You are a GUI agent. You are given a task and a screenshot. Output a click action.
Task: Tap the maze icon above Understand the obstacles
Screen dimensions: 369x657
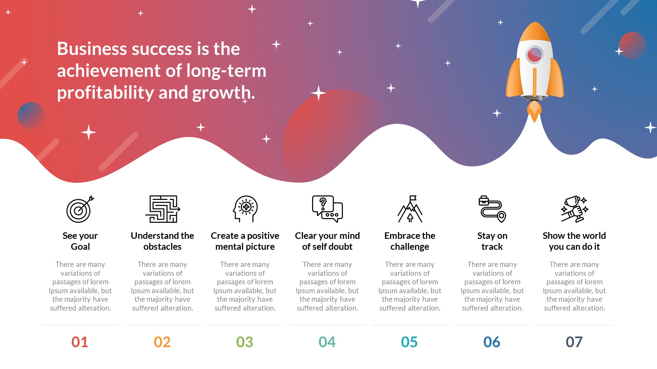[163, 209]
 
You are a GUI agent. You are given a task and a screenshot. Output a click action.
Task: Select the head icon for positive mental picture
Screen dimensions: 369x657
[245, 209]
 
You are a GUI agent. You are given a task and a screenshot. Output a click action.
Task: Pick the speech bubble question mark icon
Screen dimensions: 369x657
[327, 209]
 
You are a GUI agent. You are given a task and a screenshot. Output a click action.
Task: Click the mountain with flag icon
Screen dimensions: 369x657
[410, 209]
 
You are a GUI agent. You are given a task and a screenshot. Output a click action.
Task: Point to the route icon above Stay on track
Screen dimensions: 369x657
[492, 209]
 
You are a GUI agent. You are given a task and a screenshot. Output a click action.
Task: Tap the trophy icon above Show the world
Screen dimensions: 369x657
[574, 209]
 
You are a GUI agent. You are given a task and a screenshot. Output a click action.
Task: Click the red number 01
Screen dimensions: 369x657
[80, 342]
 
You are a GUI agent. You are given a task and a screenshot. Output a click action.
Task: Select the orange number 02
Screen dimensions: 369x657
[162, 342]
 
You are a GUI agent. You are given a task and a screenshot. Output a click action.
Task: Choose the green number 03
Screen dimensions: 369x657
[245, 342]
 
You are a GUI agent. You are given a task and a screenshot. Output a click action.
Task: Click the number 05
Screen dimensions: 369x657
[409, 342]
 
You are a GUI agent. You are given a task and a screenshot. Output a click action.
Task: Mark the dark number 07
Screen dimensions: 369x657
[574, 342]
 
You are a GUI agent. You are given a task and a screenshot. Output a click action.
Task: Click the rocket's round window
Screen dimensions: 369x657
[534, 54]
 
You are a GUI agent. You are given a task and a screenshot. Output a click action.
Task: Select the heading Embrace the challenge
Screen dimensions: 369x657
[410, 241]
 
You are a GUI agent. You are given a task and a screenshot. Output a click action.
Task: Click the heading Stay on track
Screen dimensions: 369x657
[492, 241]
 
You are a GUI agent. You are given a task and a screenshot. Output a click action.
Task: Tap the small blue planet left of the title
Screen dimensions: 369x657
[31, 116]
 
